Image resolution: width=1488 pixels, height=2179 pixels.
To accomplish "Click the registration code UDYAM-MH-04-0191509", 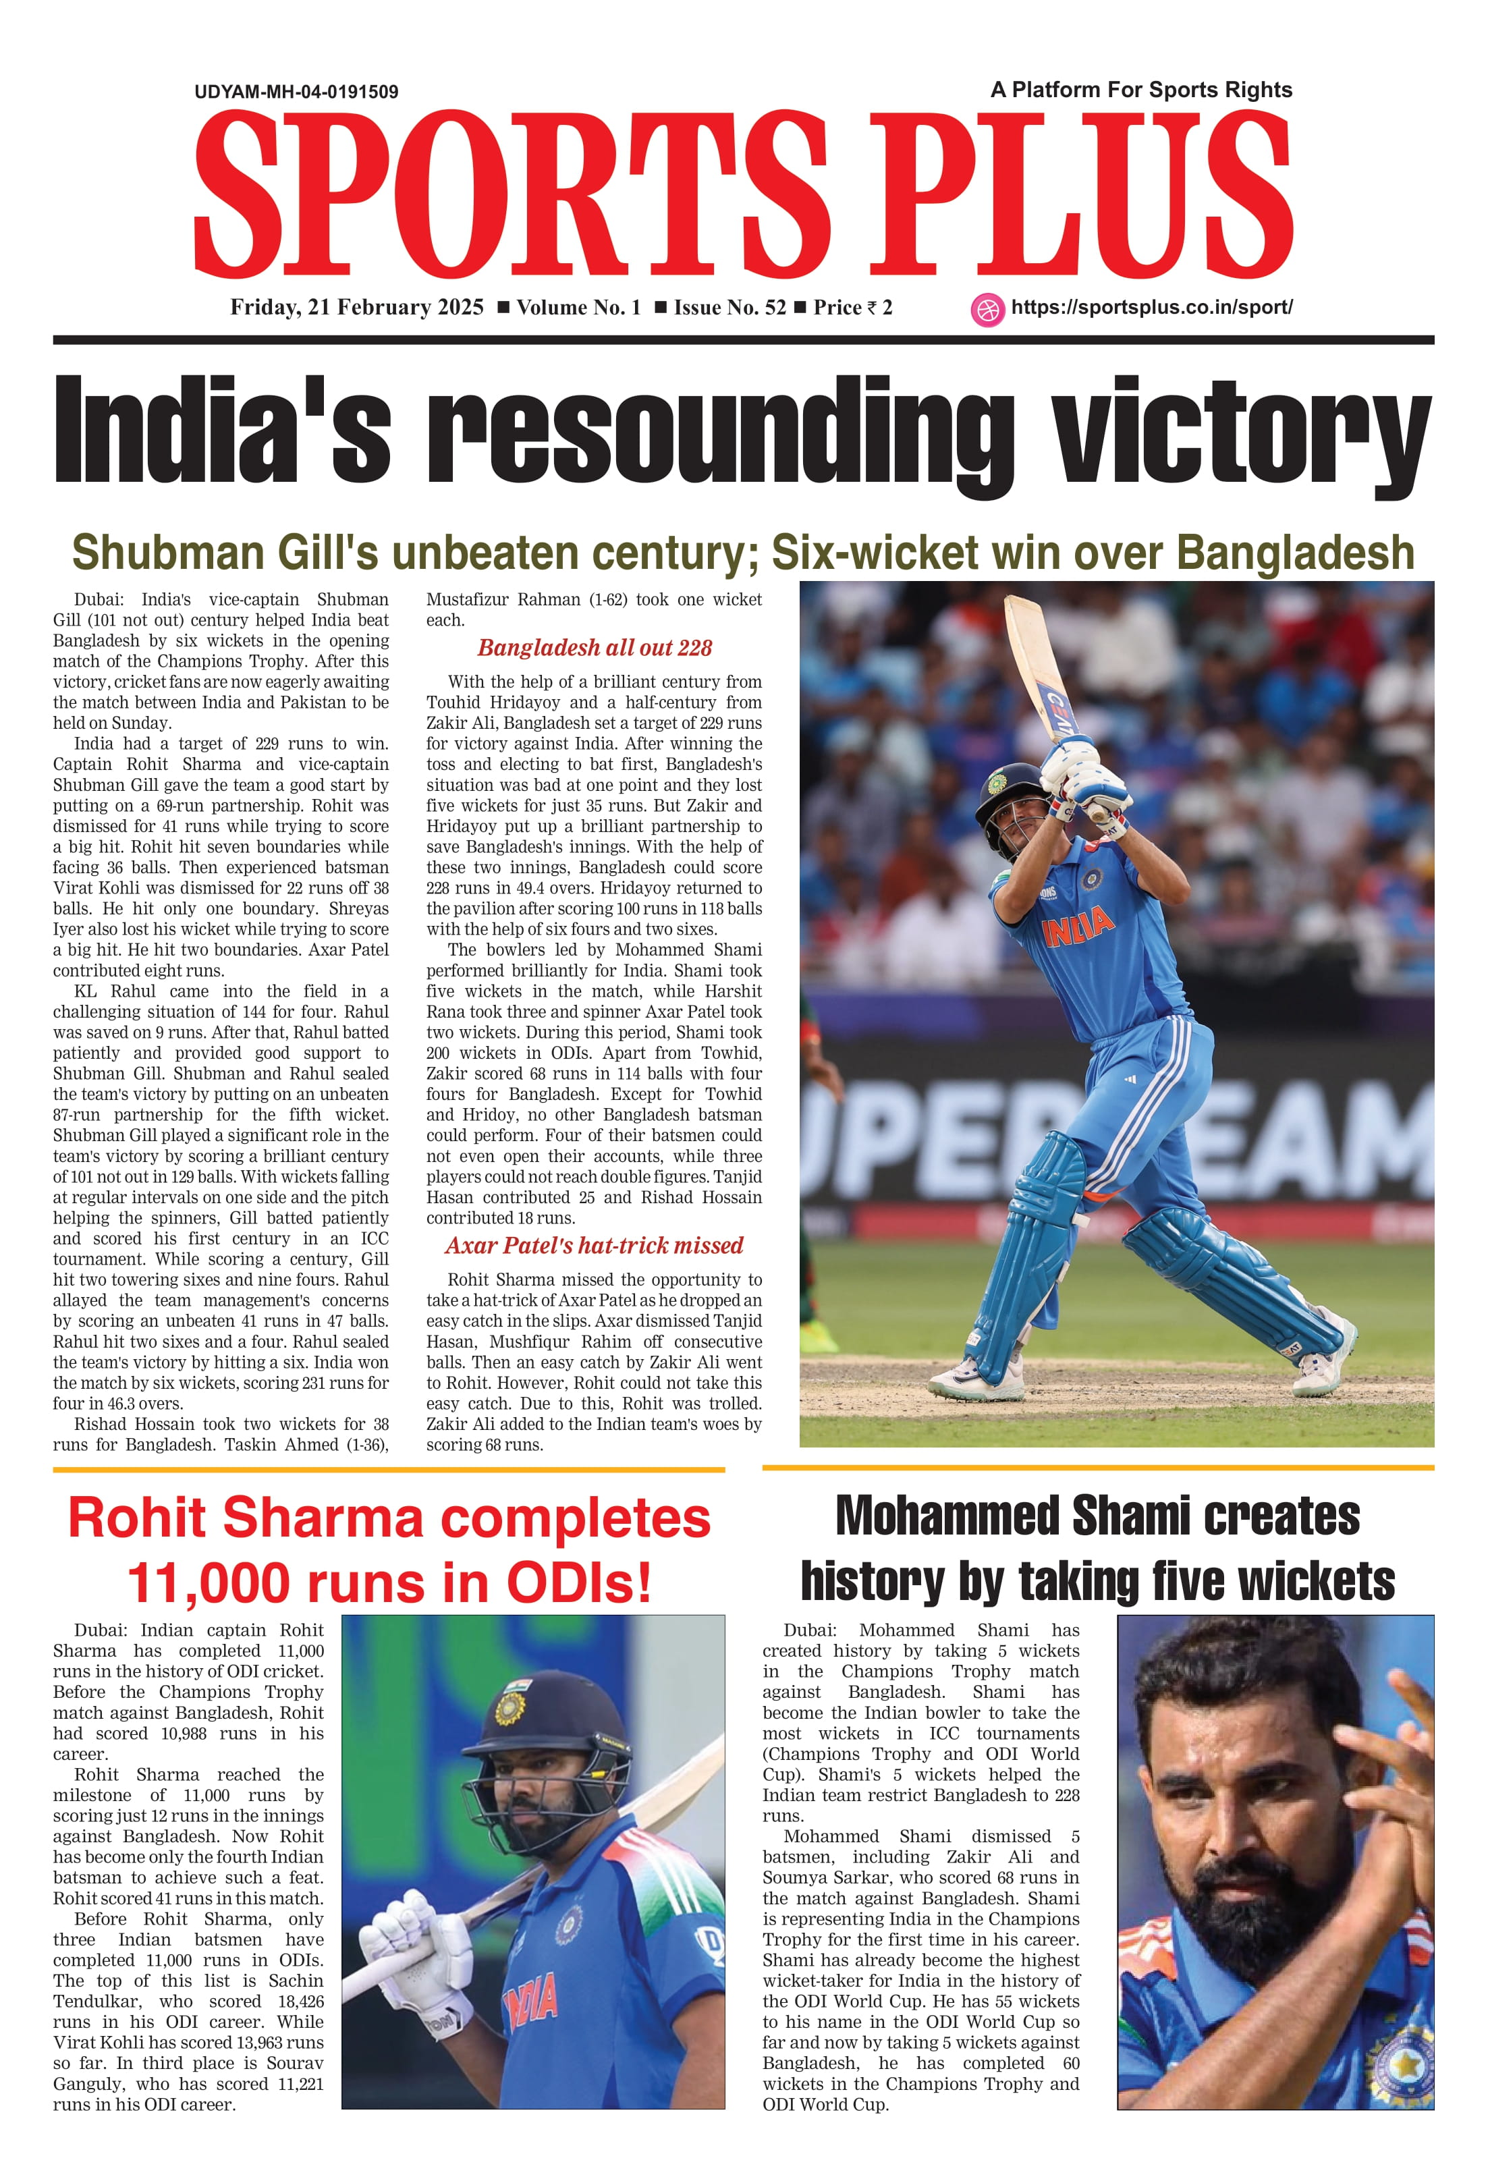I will (296, 92).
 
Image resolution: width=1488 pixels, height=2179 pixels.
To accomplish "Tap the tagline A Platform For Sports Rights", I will (1140, 90).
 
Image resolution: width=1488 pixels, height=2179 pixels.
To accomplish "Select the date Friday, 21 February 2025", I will (357, 308).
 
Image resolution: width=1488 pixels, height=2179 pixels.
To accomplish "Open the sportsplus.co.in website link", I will (1151, 308).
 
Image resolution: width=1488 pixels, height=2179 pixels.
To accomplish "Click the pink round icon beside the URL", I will (987, 310).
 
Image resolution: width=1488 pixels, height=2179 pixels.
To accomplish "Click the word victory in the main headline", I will (1240, 429).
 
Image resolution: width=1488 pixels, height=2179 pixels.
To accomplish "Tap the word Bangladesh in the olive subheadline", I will (1295, 553).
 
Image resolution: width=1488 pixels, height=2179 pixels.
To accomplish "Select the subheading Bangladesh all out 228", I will (595, 648).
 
